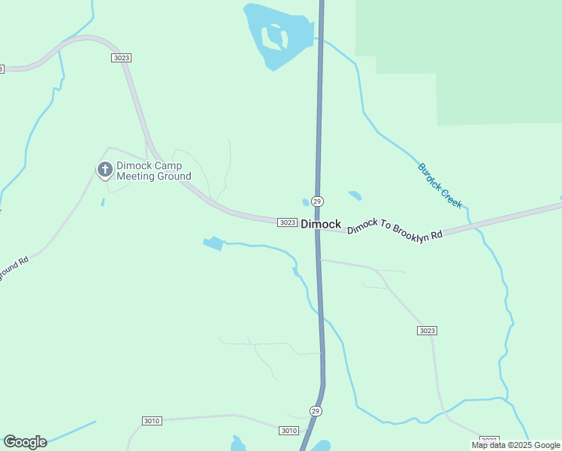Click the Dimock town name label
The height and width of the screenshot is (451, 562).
coord(321,224)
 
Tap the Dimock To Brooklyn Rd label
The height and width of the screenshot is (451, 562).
coord(394,226)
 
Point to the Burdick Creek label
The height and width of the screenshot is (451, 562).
coord(440,186)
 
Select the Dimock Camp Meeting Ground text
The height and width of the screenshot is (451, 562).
coord(153,171)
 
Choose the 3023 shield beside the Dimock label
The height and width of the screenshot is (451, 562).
coord(287,222)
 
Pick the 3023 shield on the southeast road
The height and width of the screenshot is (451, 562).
coord(427,331)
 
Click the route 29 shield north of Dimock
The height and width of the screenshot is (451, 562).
coord(317,201)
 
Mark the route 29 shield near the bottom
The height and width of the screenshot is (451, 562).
coord(315,410)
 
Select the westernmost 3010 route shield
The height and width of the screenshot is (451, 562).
coord(151,421)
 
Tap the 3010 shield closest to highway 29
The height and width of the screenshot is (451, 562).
coord(289,430)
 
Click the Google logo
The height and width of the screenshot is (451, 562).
coord(25,441)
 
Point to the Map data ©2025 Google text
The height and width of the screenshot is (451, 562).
coord(515,445)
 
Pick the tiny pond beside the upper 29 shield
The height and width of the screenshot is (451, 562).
coord(306,201)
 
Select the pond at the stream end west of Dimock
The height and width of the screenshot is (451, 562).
coord(213,243)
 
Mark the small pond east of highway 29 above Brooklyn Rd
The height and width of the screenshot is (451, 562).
coord(355,195)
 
